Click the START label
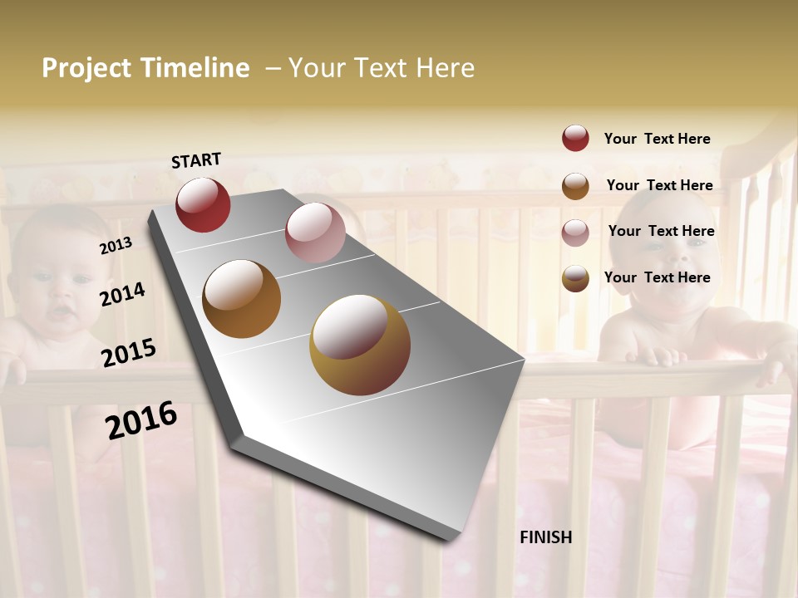(196, 160)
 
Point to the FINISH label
(545, 537)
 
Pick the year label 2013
(116, 245)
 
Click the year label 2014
(122, 294)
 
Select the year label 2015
(128, 352)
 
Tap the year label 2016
(141, 420)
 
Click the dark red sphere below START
(203, 204)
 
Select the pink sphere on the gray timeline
(315, 233)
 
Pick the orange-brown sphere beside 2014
(242, 299)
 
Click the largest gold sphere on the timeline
(360, 345)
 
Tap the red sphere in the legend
(575, 138)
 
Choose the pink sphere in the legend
(575, 233)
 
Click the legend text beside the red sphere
(657, 139)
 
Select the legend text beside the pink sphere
(661, 231)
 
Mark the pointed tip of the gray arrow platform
(453, 538)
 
